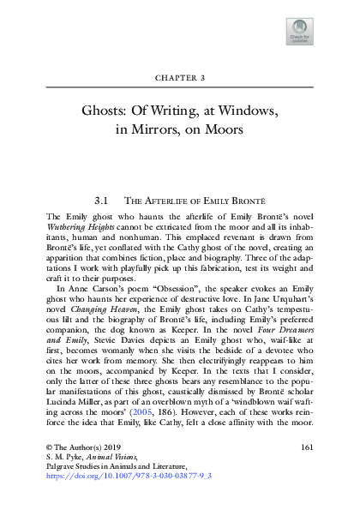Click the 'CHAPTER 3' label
tap(180, 77)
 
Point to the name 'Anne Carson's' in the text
tap(90, 289)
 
